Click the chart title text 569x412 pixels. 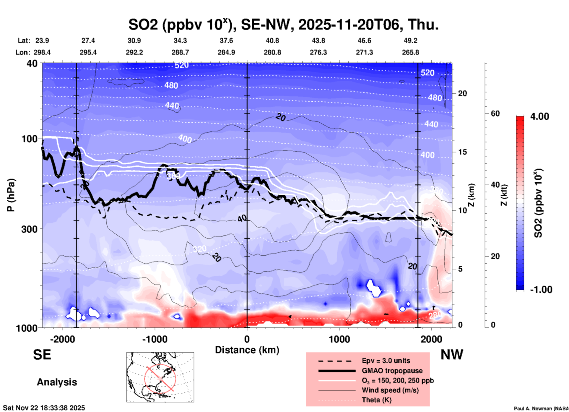click(x=283, y=25)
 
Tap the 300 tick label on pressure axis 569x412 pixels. click(x=29, y=229)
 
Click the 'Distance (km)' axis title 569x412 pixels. click(x=247, y=350)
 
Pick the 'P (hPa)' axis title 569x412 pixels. click(x=11, y=195)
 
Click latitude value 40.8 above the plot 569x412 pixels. click(x=272, y=40)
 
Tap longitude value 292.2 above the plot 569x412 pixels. click(x=134, y=52)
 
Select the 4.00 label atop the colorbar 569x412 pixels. click(x=539, y=116)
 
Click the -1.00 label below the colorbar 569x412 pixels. click(x=541, y=289)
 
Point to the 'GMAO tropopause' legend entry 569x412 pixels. click(x=392, y=371)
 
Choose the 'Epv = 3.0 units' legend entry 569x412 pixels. click(x=386, y=361)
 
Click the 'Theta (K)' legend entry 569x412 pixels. click(x=377, y=400)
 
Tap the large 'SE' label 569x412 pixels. click(x=42, y=355)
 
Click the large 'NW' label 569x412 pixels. click(x=452, y=355)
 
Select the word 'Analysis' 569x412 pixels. click(x=57, y=382)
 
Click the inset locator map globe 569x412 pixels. click(x=160, y=377)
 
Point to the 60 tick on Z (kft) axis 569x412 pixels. click(x=495, y=113)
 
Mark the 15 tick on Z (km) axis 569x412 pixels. click(x=462, y=152)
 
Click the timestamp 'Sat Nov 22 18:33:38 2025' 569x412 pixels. click(x=44, y=408)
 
